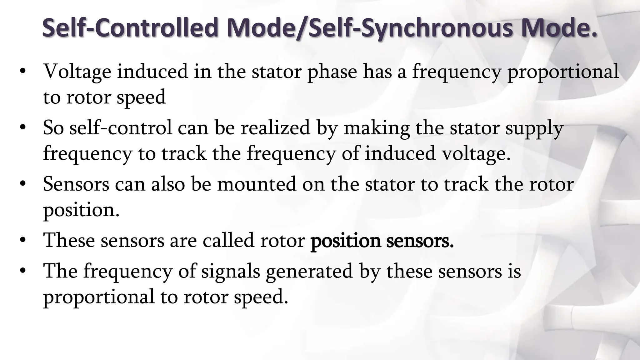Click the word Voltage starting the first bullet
pyautogui.click(x=77, y=72)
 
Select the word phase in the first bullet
pyautogui.click(x=332, y=72)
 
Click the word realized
pyautogui.click(x=275, y=128)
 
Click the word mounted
pyautogui.click(x=257, y=184)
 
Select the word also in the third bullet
pyautogui.click(x=168, y=184)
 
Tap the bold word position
pyautogui.click(x=346, y=241)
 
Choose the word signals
pyautogui.click(x=231, y=271)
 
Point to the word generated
pyautogui.click(x=309, y=271)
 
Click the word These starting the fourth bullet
pyautogui.click(x=69, y=240)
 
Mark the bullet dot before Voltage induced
pyautogui.click(x=22, y=72)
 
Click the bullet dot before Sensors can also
pyautogui.click(x=22, y=184)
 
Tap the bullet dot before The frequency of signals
pyautogui.click(x=22, y=271)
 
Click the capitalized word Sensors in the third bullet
pyautogui.click(x=76, y=184)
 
